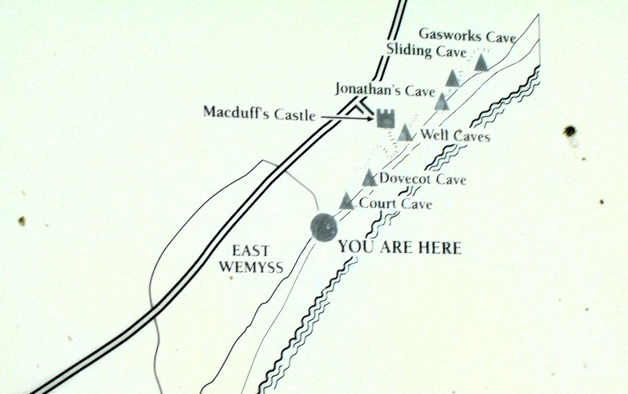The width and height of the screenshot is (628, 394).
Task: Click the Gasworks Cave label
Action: (467, 36)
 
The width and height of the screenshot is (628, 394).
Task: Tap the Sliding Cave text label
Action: (426, 51)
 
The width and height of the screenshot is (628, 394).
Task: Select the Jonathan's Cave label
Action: (385, 91)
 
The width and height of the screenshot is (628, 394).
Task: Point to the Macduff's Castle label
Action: (259, 112)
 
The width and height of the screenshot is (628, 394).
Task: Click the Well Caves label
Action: (454, 137)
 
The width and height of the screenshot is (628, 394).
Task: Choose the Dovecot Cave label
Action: (422, 179)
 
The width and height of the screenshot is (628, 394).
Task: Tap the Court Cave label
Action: (396, 204)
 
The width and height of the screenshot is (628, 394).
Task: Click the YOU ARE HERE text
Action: (399, 246)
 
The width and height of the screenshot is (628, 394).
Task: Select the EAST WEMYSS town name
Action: (251, 258)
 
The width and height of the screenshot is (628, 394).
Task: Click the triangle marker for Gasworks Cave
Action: (481, 62)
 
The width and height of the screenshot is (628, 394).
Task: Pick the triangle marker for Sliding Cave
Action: (453, 78)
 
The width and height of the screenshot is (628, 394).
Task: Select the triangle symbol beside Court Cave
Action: (345, 201)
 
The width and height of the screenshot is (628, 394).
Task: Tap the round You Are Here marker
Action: (323, 227)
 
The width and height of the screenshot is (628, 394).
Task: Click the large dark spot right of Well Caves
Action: (569, 131)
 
